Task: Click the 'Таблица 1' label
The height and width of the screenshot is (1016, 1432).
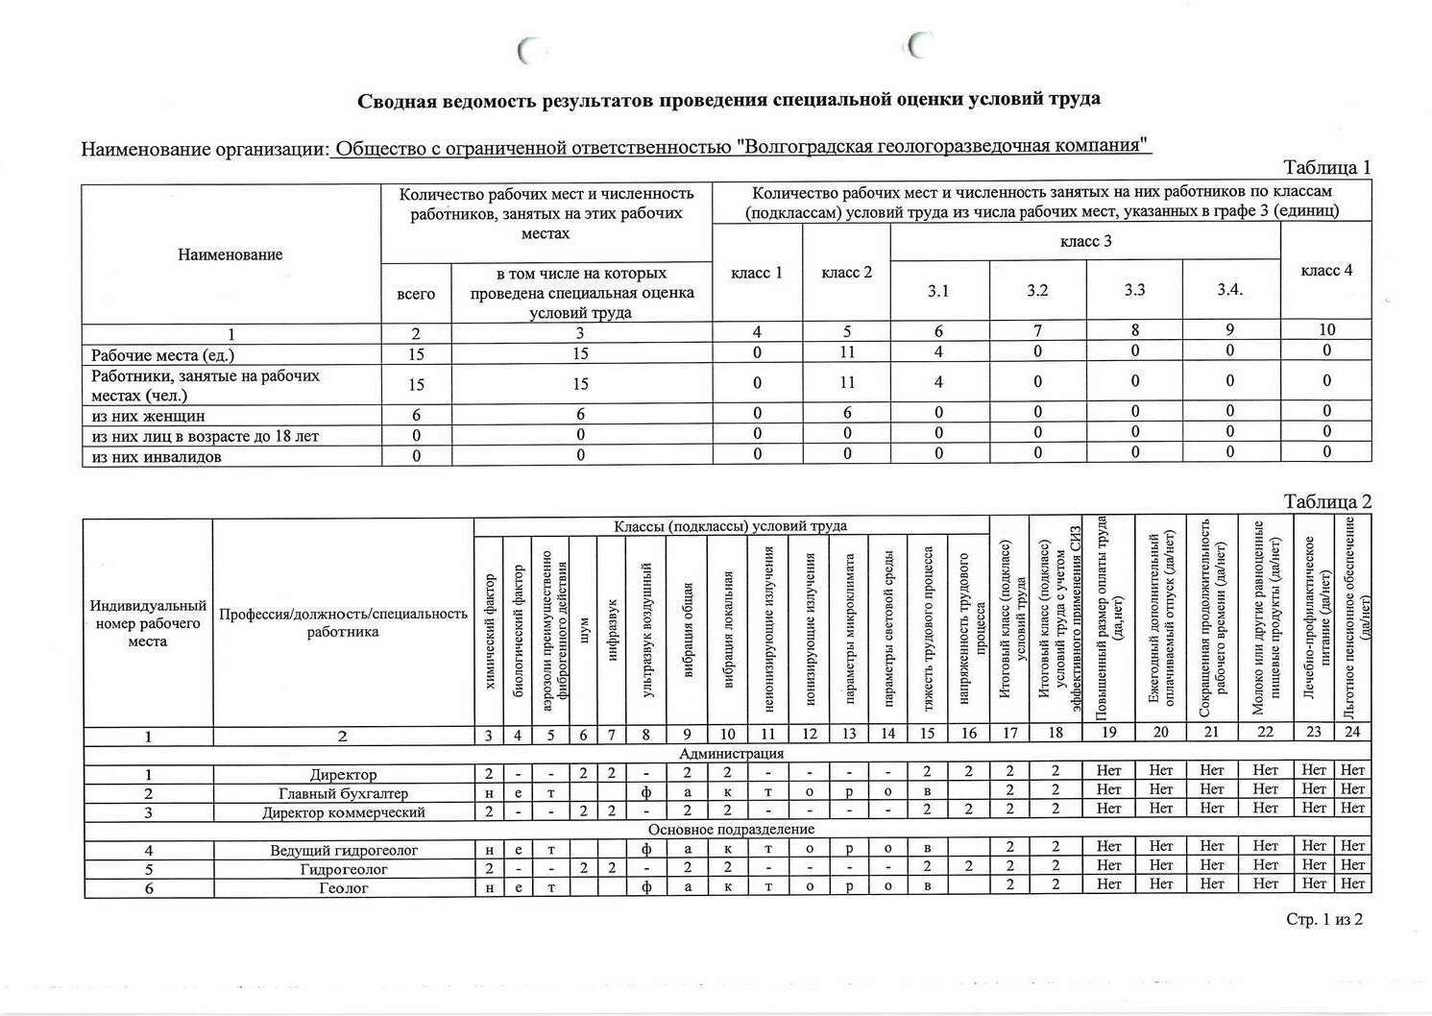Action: [1326, 168]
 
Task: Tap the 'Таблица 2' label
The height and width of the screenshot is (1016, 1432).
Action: [1327, 502]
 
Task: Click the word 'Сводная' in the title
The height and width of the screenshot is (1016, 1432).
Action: [398, 100]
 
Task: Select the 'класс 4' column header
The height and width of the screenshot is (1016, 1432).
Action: [1326, 271]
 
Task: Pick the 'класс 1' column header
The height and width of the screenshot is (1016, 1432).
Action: [757, 273]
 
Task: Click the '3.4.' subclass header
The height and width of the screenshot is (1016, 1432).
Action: [1230, 289]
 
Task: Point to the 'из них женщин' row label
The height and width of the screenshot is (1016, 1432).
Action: [148, 416]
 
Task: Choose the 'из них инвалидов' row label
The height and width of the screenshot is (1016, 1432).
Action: [157, 456]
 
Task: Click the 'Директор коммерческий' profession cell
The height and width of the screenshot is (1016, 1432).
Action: [343, 811]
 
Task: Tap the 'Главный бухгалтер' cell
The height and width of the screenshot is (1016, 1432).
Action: [343, 793]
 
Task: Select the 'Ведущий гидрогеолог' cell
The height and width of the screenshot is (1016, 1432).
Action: [343, 850]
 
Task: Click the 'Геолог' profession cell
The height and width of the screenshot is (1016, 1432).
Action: [343, 888]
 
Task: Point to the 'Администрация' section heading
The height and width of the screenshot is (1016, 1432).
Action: [731, 754]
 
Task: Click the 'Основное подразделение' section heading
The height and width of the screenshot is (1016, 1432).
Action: [731, 830]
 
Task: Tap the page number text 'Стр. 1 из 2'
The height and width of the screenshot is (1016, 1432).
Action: [1324, 920]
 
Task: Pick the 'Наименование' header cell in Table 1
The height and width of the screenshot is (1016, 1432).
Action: [231, 254]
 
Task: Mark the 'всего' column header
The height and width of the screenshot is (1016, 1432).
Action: [416, 294]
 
